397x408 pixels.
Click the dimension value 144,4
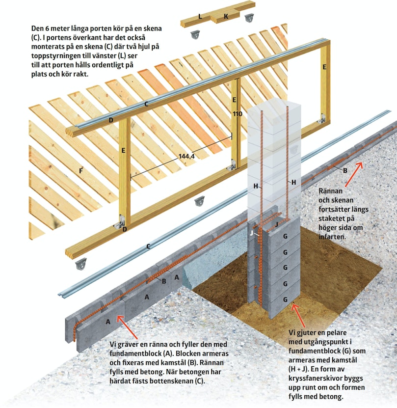click(186, 156)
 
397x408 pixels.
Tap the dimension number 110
click(238, 114)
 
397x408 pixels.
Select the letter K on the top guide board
click(226, 16)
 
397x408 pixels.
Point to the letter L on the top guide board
click(200, 17)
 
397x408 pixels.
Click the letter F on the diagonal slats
click(81, 171)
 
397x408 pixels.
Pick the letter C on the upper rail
click(146, 104)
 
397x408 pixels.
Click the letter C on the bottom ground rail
click(148, 246)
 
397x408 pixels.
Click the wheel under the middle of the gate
click(199, 201)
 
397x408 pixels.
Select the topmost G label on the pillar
click(286, 236)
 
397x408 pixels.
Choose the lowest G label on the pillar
click(286, 299)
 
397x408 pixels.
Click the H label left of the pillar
click(256, 186)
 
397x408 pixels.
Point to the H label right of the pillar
click(294, 183)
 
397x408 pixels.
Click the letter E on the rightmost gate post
click(324, 67)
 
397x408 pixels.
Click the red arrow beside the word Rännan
click(353, 174)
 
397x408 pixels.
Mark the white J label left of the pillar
click(251, 233)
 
